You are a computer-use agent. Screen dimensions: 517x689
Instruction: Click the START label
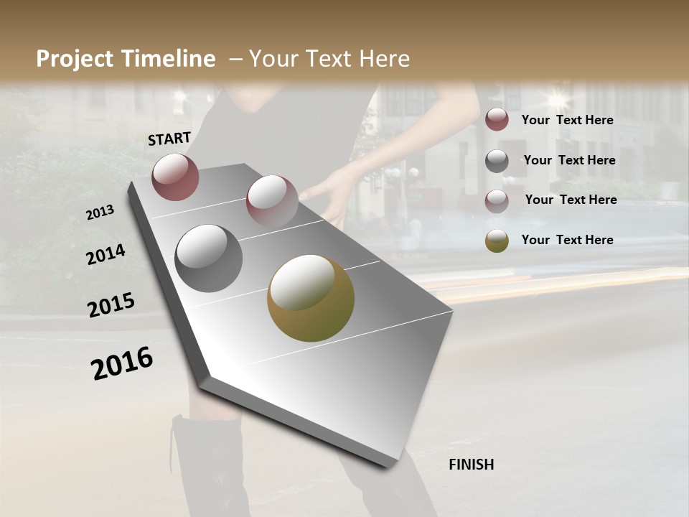pos(169,139)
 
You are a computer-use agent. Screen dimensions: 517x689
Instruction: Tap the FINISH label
pos(472,465)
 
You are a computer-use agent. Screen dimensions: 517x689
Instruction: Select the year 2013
pos(100,213)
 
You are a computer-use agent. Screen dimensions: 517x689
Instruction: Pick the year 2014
pos(106,255)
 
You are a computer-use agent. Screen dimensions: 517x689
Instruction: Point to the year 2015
pos(111,305)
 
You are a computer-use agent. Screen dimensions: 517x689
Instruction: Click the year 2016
pos(122,363)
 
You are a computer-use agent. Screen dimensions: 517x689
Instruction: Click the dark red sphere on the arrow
pos(175,177)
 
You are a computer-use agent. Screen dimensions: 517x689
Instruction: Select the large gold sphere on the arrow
pos(311,298)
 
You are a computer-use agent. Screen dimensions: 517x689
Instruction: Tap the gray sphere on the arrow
pos(208,258)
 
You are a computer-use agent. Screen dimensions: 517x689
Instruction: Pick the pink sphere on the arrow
pos(272,201)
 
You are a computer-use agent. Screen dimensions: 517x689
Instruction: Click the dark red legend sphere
pos(497,120)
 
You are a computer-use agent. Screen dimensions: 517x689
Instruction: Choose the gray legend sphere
pos(497,161)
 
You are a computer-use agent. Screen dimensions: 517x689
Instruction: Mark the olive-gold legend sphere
pos(497,241)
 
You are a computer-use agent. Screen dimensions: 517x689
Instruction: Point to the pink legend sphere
pos(497,200)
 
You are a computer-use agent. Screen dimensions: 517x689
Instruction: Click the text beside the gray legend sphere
pos(569,160)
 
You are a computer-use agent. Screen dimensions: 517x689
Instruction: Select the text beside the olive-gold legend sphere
pos(567,240)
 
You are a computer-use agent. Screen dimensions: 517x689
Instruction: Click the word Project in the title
pos(75,59)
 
